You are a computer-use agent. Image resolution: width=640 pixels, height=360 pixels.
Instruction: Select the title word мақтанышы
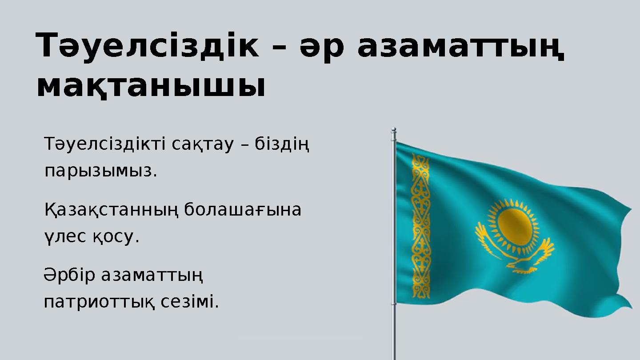coord(151,85)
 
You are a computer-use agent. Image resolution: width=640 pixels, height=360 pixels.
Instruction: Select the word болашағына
coord(243,210)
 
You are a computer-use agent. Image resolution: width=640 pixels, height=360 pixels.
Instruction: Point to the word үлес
coord(65,237)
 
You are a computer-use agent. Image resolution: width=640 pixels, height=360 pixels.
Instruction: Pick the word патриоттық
coord(100,303)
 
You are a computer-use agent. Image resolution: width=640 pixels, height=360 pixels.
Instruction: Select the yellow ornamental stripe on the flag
coord(420,227)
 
